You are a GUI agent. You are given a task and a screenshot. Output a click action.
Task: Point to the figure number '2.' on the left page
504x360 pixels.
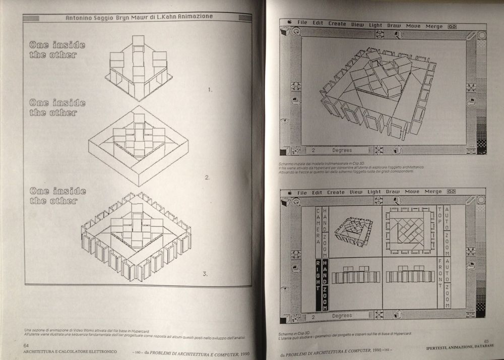coord(207,177)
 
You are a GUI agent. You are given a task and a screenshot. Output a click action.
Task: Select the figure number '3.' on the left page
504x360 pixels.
coord(205,274)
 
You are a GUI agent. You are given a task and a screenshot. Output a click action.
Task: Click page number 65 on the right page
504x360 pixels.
coord(486,341)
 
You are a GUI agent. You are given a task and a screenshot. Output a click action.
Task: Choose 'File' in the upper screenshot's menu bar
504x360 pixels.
coord(302,23)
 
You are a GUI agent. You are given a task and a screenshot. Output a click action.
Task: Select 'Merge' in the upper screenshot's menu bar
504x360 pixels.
coord(433,26)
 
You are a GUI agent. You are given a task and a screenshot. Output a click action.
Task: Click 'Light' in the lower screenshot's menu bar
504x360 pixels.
coord(374,192)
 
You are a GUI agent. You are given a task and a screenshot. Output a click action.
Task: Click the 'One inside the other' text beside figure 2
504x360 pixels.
coord(57,107)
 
